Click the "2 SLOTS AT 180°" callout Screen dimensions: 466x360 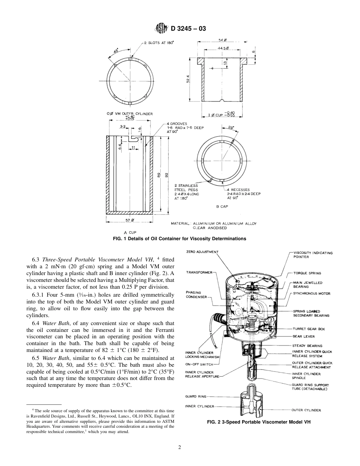[159, 43]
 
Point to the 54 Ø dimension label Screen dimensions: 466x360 [222, 41]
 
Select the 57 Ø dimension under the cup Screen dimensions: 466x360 [130, 220]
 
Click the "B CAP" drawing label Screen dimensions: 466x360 [222, 206]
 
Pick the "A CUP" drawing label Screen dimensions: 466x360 [130, 232]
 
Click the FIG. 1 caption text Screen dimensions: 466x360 [180, 239]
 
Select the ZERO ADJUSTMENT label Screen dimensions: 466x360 [203, 252]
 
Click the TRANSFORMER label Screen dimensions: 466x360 [199, 272]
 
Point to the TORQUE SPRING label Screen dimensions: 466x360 [307, 273]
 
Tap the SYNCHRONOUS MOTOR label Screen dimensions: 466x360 [311, 294]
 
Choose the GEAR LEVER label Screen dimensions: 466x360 [303, 336]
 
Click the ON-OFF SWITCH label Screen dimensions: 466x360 [198, 364]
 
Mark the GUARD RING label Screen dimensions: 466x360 [196, 396]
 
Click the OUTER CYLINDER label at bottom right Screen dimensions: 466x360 [306, 410]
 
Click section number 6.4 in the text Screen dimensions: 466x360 [36, 323]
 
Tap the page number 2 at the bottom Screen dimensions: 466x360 [180, 447]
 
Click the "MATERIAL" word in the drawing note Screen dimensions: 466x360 [180, 224]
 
